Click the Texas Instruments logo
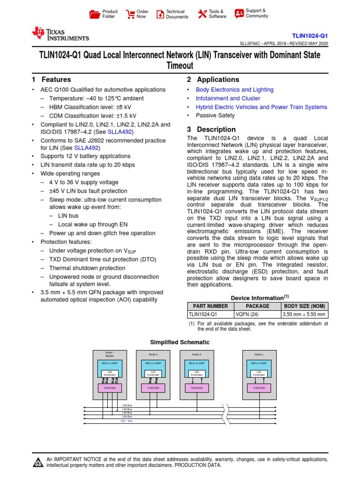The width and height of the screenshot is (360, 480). (x=60, y=34)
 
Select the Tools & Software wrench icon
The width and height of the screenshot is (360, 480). (x=202, y=14)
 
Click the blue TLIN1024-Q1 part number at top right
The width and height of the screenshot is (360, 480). (x=310, y=36)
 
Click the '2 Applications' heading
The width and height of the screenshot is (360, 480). (x=213, y=80)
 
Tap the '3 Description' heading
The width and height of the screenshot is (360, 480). (x=211, y=129)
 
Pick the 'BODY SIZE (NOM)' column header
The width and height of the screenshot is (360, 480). (x=305, y=306)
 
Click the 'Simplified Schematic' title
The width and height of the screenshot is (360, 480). (x=180, y=342)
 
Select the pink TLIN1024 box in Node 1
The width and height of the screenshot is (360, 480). (x=109, y=388)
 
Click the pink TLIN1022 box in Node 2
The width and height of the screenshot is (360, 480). (x=153, y=388)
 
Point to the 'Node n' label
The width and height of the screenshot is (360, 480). (x=259, y=354)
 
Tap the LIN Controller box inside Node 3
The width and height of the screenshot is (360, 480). (x=197, y=374)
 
